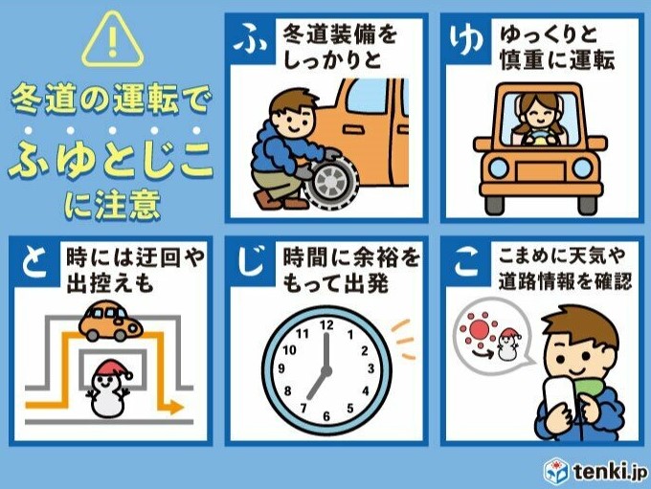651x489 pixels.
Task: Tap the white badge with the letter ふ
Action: tap(248, 40)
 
